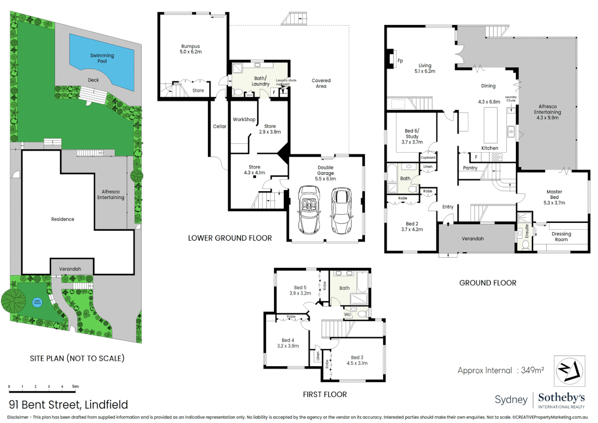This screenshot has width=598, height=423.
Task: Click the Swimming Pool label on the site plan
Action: (102, 58)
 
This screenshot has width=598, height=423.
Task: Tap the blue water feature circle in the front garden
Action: (37, 302)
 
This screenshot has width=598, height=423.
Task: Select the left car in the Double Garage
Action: (309, 210)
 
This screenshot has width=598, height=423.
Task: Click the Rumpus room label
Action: (191, 49)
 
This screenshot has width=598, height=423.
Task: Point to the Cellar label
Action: (220, 127)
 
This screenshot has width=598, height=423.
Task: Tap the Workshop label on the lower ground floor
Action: (244, 119)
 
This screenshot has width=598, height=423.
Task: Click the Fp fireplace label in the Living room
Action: (400, 61)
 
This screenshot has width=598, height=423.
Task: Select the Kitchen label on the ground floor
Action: (490, 148)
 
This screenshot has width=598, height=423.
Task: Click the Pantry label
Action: (470, 168)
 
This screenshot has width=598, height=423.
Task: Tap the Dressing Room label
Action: (561, 237)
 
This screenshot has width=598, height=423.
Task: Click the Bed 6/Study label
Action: (412, 136)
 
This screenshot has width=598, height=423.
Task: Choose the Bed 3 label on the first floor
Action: (357, 360)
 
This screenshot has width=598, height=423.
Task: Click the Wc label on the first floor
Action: (347, 315)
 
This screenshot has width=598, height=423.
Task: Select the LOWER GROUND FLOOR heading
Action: (230, 238)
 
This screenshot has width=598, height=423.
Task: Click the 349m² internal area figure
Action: (532, 370)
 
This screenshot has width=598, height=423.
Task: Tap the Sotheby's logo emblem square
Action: (569, 371)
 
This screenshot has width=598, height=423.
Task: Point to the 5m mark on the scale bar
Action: (75, 387)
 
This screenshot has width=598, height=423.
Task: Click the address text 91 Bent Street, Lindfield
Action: (68, 405)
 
